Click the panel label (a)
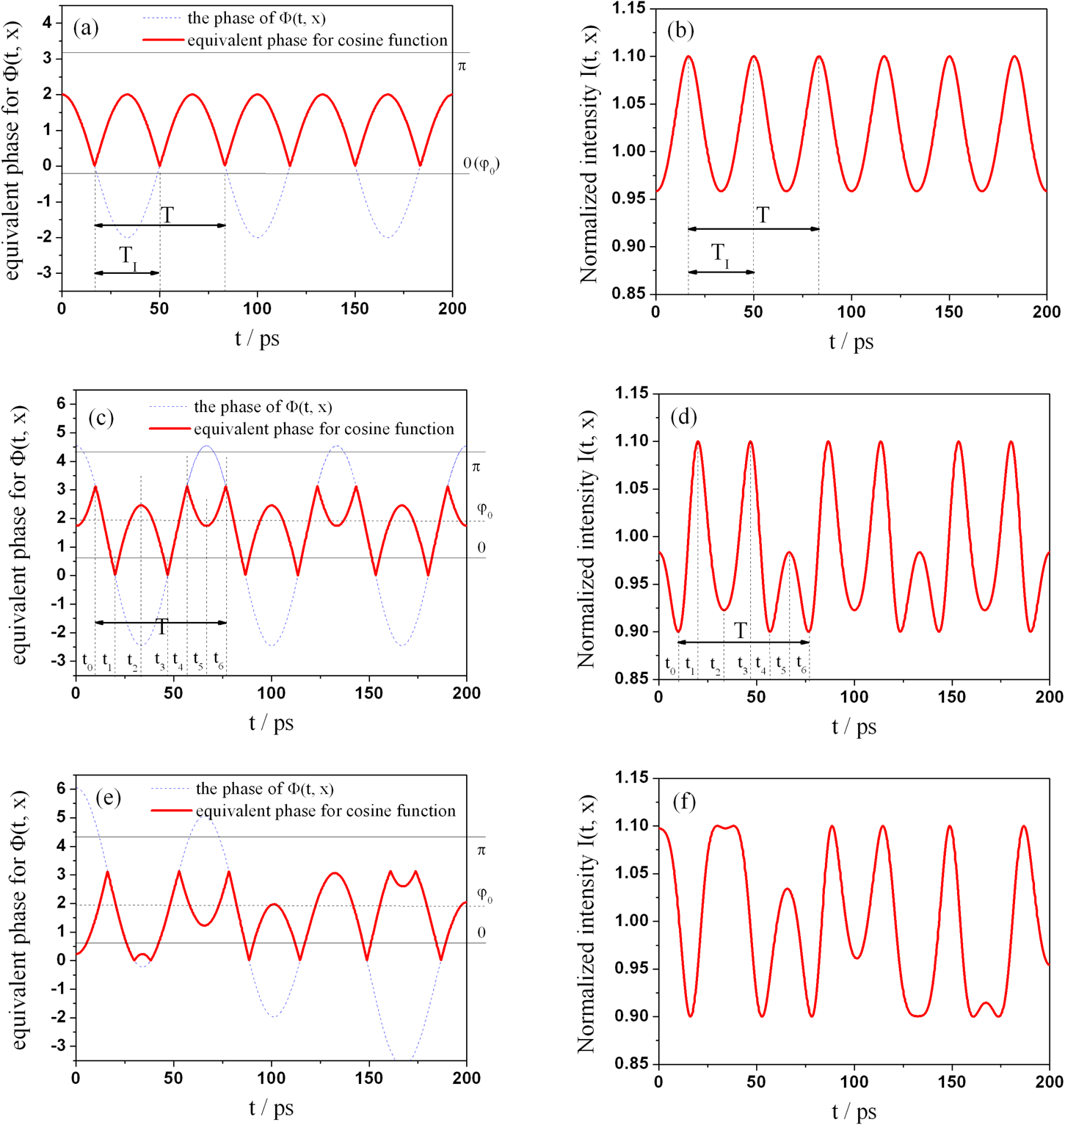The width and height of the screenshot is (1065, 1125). pyautogui.click(x=86, y=28)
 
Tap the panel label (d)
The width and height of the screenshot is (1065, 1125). pyautogui.click(x=683, y=416)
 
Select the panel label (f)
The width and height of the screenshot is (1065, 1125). pyautogui.click(x=684, y=801)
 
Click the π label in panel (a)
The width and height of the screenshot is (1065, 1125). pyautogui.click(x=462, y=66)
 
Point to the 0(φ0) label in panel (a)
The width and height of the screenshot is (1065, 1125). pyautogui.click(x=481, y=164)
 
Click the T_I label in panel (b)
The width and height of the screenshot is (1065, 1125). pyautogui.click(x=721, y=255)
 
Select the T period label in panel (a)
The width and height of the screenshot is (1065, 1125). pyautogui.click(x=167, y=215)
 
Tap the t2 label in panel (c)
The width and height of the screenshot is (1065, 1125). pyautogui.click(x=132, y=661)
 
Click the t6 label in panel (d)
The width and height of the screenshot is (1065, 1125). pyautogui.click(x=802, y=663)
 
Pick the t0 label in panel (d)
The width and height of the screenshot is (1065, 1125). pyautogui.click(x=670, y=664)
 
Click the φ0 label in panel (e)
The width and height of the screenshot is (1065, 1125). pyautogui.click(x=484, y=894)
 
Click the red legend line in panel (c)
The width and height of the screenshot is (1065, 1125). pyautogui.click(x=170, y=429)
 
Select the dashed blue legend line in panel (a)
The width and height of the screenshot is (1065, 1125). pyautogui.click(x=162, y=18)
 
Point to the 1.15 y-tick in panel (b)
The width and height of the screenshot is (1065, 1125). pyautogui.click(x=630, y=8)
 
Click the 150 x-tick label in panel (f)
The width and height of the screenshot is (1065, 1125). pyautogui.click(x=951, y=1082)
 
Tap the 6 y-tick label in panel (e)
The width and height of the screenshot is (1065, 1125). pyautogui.click(x=62, y=789)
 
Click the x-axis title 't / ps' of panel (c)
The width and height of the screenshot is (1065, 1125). pyautogui.click(x=271, y=723)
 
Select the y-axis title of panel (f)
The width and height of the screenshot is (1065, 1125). pyautogui.click(x=586, y=922)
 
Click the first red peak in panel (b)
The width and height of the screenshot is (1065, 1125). pyautogui.click(x=688, y=57)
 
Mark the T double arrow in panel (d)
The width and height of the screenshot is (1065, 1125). pyautogui.click(x=743, y=643)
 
